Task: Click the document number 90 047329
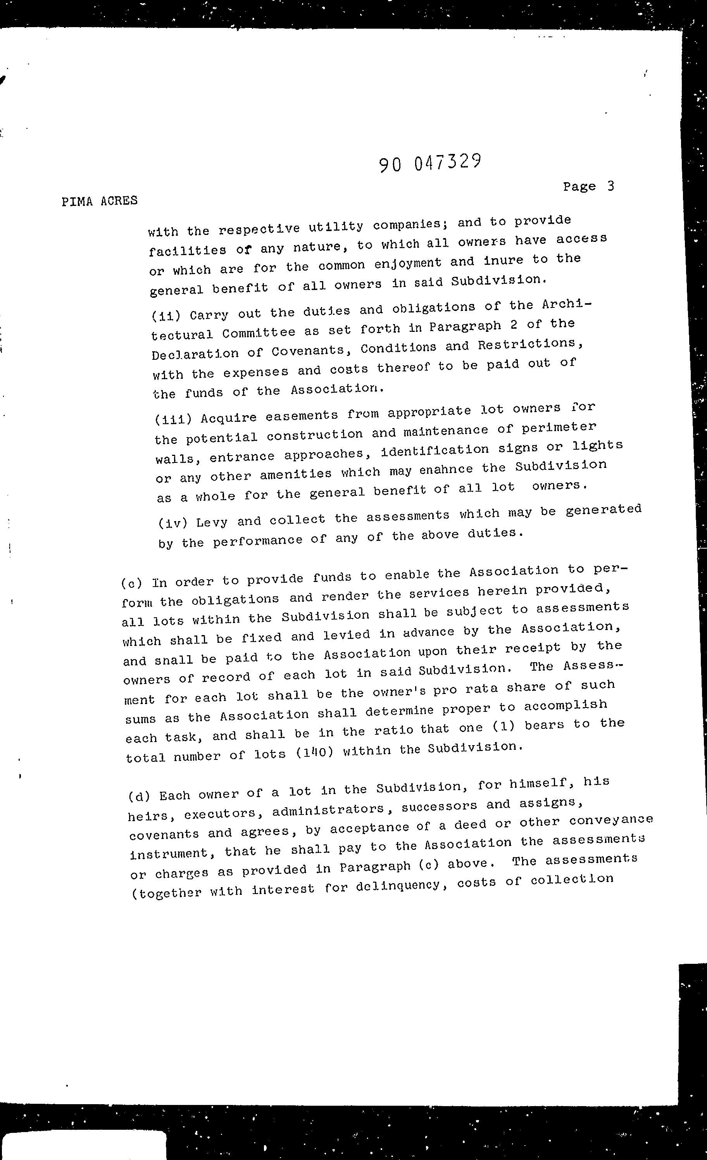[x=430, y=163]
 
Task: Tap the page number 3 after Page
[x=610, y=186]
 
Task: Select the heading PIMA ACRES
[x=99, y=201]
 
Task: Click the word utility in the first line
[x=336, y=226]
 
